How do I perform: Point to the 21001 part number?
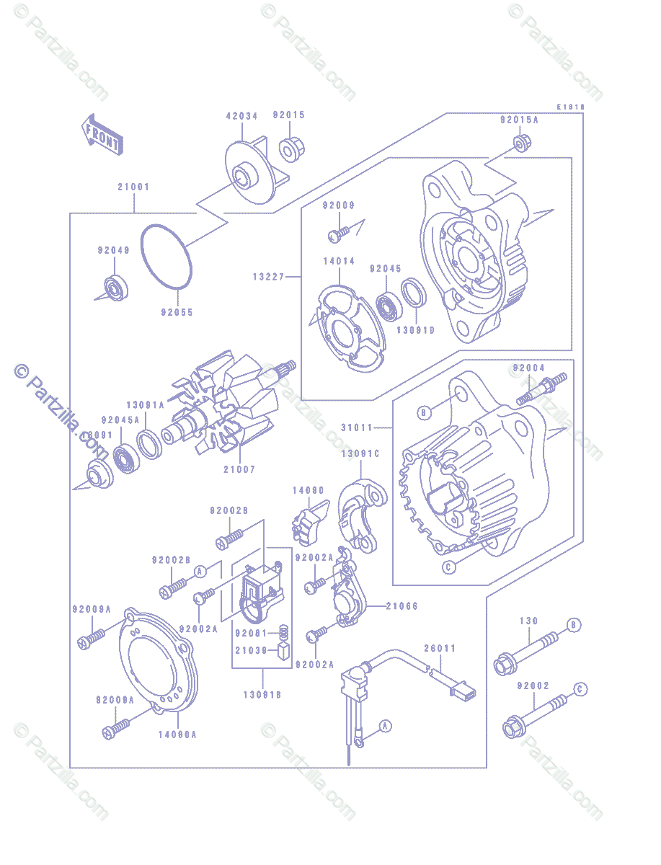133,187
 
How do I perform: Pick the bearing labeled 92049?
114,287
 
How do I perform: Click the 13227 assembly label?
268,276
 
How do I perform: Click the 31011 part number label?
357,427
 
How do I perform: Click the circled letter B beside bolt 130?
573,625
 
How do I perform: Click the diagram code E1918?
569,106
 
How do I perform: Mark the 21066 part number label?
402,606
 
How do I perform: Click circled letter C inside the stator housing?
448,567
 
